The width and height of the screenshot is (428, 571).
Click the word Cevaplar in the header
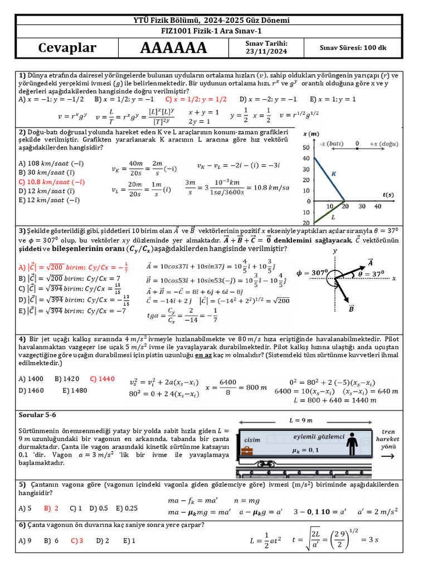click(x=67, y=48)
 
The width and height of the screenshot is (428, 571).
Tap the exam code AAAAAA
click(x=173, y=49)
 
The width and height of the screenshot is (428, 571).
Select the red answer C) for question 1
click(x=196, y=99)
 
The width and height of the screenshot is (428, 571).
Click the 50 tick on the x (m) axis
click(x=306, y=147)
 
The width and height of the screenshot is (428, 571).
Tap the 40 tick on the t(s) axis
click(x=378, y=206)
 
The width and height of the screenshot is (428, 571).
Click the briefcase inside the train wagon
click(x=247, y=450)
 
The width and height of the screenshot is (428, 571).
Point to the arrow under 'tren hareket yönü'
click(x=388, y=456)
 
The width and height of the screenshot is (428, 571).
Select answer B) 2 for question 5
click(x=51, y=508)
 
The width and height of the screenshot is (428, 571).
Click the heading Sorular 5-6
click(x=38, y=415)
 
